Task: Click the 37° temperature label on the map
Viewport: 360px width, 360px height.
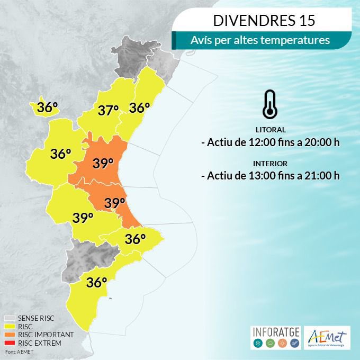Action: point(108,111)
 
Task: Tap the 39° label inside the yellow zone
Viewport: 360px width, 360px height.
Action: point(83,218)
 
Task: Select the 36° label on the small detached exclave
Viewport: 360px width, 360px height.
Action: point(47,107)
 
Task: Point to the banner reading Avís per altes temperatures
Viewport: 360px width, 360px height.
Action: point(263,40)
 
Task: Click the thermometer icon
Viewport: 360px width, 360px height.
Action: point(269,104)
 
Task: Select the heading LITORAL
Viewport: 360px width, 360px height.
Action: point(270,130)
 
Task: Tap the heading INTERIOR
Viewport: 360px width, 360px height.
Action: point(270,164)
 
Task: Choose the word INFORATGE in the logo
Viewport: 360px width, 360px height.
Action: point(275,332)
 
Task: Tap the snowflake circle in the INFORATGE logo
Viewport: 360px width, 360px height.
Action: point(258,344)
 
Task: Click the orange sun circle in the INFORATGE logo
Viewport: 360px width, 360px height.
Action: point(282,344)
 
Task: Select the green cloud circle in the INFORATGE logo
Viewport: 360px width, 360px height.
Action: point(269,344)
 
